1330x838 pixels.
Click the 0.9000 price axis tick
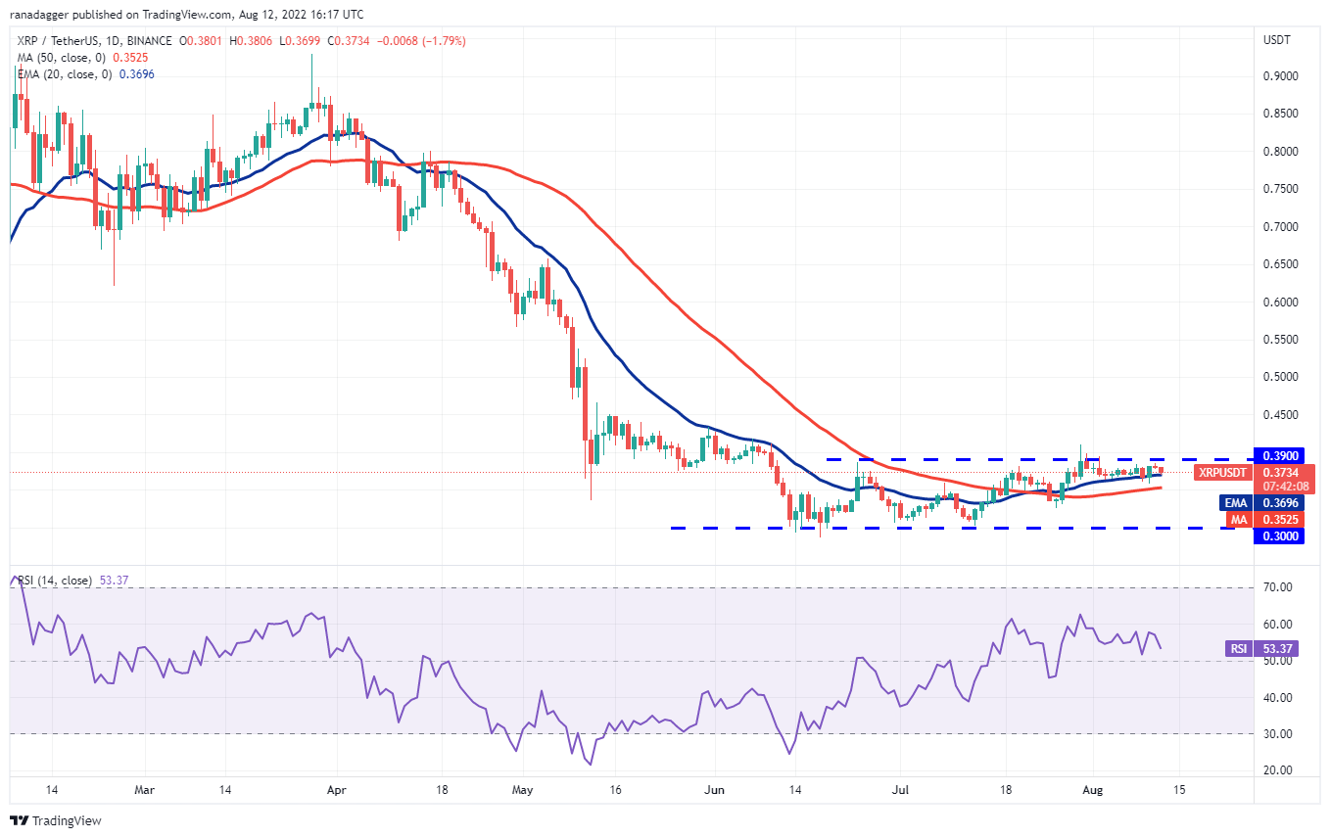(x=1280, y=76)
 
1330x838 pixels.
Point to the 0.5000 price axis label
(x=1280, y=377)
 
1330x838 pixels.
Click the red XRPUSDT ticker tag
(x=1224, y=473)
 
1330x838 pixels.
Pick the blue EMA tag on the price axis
(x=1235, y=503)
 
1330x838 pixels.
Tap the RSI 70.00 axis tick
(x=1278, y=587)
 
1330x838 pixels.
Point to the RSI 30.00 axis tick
(x=1278, y=734)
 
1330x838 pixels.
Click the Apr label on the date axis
(x=336, y=788)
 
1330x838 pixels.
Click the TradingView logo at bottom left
(x=56, y=820)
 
